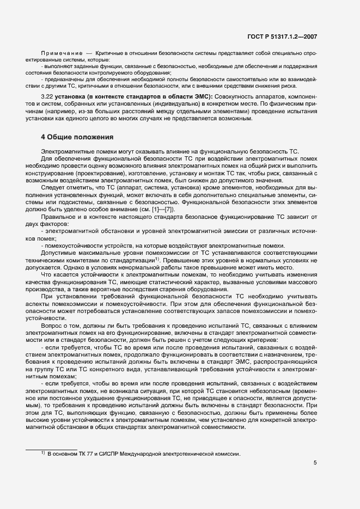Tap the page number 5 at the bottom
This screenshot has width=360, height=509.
315,463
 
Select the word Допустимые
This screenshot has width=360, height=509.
59,253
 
